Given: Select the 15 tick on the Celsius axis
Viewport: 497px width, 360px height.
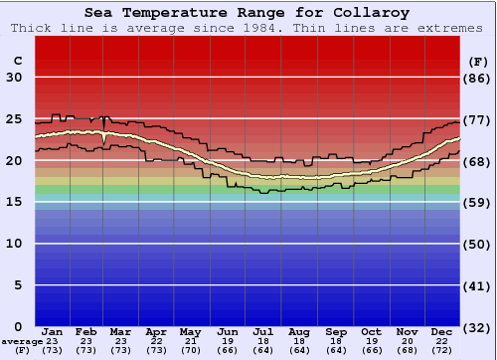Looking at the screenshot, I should tap(15, 202).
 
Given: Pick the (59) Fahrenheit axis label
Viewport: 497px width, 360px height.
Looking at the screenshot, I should tap(477, 202).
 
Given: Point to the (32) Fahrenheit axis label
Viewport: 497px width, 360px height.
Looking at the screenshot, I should tap(477, 326).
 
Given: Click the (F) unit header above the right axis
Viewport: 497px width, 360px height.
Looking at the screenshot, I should tap(477, 61).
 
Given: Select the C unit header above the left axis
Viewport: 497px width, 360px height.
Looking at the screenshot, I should tap(17, 61).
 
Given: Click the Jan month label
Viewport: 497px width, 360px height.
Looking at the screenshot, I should tap(53, 331).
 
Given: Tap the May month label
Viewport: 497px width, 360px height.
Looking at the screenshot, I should tap(190, 331).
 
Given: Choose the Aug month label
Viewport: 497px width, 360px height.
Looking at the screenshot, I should tap(299, 331).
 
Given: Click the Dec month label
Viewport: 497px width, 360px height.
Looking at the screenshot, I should tap(442, 331).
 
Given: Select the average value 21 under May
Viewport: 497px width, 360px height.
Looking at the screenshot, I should tap(190, 341).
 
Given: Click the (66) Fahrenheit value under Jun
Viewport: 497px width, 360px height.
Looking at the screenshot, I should tap(228, 350).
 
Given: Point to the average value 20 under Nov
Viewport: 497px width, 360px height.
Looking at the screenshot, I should tap(407, 341).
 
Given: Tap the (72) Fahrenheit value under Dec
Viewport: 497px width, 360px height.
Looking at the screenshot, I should tap(442, 350).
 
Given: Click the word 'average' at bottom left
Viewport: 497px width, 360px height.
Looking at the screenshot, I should tap(22, 341).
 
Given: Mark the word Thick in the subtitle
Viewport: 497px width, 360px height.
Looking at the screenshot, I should tap(32, 28).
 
